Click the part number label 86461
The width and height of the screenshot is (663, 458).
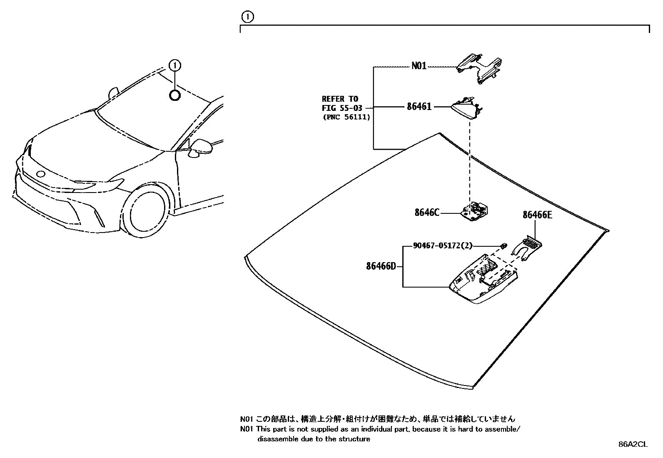(x=419, y=107)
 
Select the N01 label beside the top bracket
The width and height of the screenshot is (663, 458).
(x=419, y=66)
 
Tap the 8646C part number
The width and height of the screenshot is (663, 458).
(x=426, y=213)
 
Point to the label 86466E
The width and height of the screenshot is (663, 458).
(x=537, y=215)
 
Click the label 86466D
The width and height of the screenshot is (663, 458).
(x=381, y=266)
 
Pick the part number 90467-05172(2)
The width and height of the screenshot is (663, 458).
(x=443, y=246)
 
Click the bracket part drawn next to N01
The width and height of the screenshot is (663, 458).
(x=479, y=67)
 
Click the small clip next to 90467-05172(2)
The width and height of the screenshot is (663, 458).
(x=503, y=245)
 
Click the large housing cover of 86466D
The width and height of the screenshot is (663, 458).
(x=483, y=283)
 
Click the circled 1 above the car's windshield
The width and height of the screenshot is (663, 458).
(x=175, y=65)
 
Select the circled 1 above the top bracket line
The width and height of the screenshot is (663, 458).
(x=247, y=17)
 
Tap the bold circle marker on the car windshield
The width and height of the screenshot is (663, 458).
(x=175, y=95)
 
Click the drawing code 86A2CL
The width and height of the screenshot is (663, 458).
(x=633, y=444)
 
